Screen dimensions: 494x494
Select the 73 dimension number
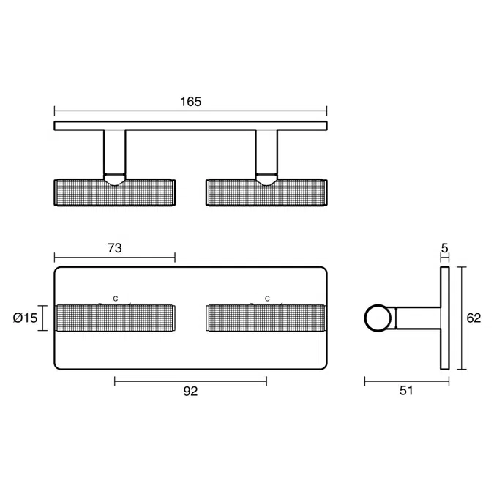point(114,248)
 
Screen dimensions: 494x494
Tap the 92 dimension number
point(190,392)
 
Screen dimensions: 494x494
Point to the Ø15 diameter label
point(26,318)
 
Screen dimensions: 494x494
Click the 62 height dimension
point(474,318)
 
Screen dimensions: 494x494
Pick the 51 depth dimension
point(407,391)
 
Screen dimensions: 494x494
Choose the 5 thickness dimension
point(444,249)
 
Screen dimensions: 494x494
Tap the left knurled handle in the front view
point(115,318)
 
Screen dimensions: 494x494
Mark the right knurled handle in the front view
point(266,318)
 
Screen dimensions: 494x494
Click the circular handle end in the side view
point(377,318)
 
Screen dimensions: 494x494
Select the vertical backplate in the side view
point(444,318)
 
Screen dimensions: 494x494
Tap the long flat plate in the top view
point(190,126)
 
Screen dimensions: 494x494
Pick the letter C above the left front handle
point(115,299)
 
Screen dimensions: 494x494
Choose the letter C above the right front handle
point(268,299)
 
